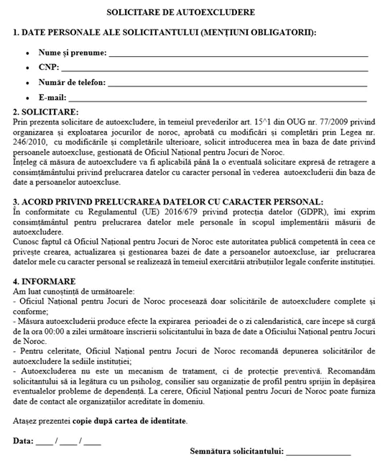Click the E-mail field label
(52, 97)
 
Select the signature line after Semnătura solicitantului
(318, 452)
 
